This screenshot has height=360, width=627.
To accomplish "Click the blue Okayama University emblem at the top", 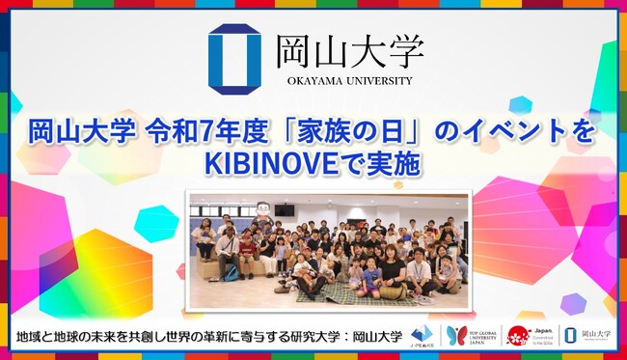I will (x=233, y=58).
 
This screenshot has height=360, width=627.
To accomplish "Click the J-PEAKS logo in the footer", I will (x=421, y=336).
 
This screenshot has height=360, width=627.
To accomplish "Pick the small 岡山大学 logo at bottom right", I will (x=587, y=336).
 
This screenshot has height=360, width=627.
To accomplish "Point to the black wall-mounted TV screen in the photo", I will (x=284, y=209).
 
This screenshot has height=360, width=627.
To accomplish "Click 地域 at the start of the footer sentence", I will (x=30, y=337).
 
